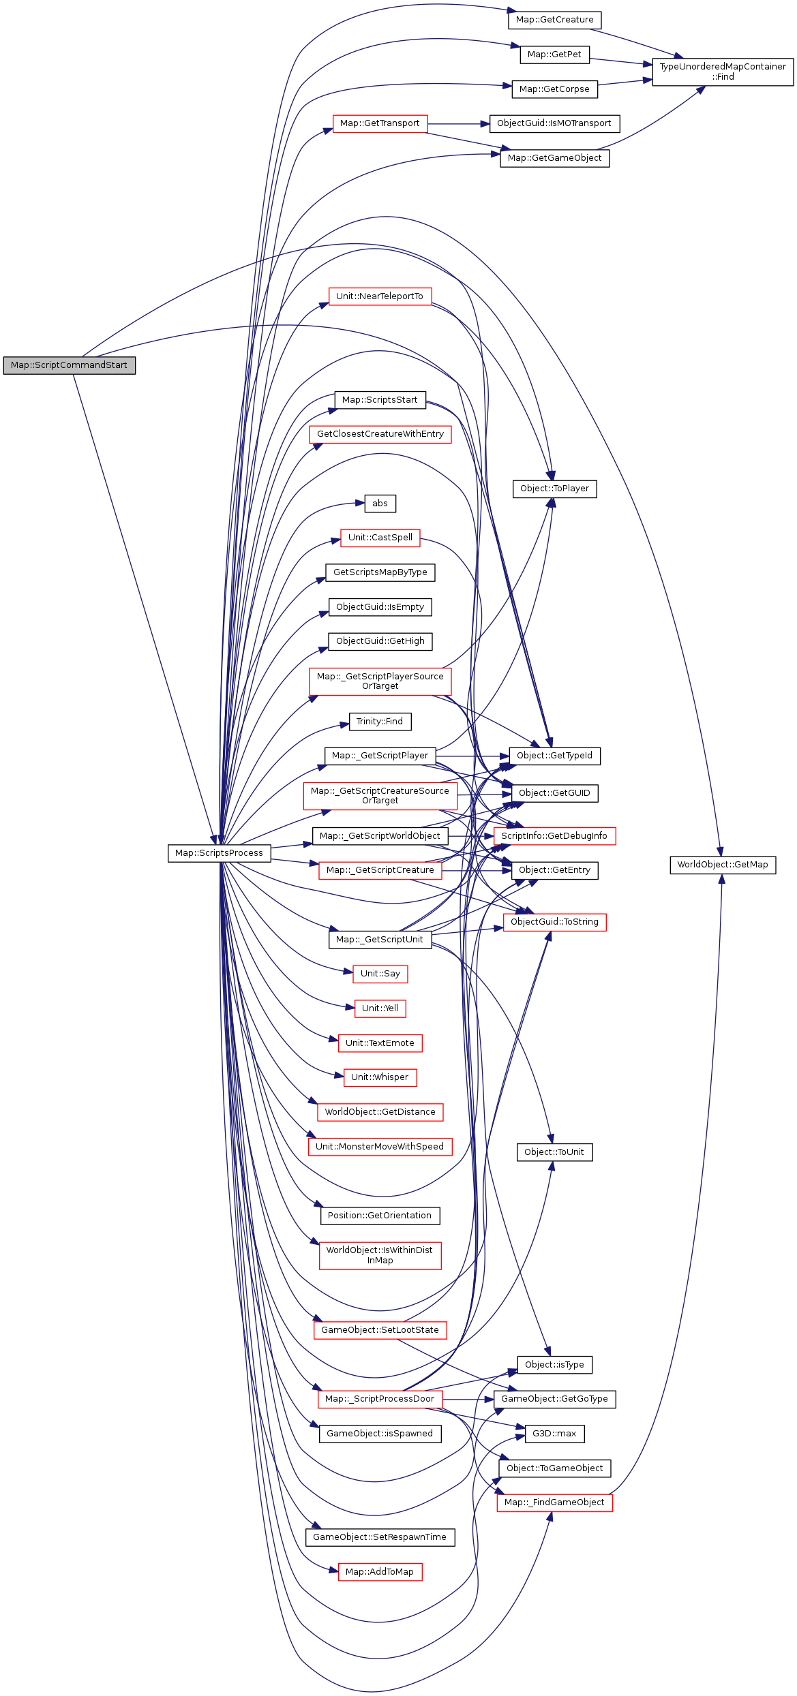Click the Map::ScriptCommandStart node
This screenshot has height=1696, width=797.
pyautogui.click(x=69, y=365)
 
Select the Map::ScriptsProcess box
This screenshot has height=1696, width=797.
pyautogui.click(x=219, y=853)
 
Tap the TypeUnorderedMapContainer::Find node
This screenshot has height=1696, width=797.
pyautogui.click(x=723, y=72)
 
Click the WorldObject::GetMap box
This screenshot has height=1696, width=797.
pyautogui.click(x=723, y=865)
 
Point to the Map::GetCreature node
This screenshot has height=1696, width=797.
pyautogui.click(x=554, y=20)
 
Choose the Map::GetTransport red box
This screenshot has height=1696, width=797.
pyautogui.click(x=380, y=123)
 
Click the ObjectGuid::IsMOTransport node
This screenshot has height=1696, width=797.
pyautogui.click(x=554, y=123)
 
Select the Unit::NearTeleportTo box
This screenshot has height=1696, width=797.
pyautogui.click(x=380, y=296)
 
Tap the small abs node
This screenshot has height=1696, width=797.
pyautogui.click(x=380, y=504)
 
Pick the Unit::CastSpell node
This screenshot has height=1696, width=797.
pyautogui.click(x=380, y=538)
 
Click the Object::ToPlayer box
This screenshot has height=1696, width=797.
pyautogui.click(x=554, y=489)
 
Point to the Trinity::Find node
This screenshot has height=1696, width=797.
pyautogui.click(x=380, y=722)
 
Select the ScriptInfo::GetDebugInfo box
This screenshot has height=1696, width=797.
pyautogui.click(x=554, y=836)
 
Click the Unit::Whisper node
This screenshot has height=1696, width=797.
pyautogui.click(x=380, y=1077)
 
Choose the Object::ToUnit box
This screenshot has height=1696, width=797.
pyautogui.click(x=554, y=1152)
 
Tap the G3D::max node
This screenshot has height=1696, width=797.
pyautogui.click(x=554, y=1434)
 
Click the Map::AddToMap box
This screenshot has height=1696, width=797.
pyautogui.click(x=380, y=1572)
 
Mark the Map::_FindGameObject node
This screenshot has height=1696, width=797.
pyautogui.click(x=554, y=1502)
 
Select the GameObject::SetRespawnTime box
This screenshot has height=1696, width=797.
pyautogui.click(x=380, y=1537)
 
